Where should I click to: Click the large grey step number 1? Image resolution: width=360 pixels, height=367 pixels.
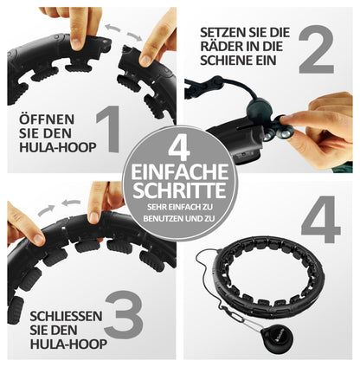(109, 129)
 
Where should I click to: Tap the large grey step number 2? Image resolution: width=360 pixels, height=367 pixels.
(316, 49)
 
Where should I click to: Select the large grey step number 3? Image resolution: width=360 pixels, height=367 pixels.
(124, 314)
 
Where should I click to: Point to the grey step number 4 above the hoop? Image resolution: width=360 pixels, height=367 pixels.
(321, 219)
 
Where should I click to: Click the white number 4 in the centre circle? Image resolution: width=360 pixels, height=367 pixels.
(179, 149)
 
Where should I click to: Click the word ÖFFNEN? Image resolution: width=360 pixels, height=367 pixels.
(47, 119)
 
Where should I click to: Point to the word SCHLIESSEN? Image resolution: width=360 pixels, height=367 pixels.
(66, 316)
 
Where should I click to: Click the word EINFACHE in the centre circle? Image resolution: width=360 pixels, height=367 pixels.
(179, 172)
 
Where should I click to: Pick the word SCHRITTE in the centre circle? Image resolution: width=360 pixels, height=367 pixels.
(179, 190)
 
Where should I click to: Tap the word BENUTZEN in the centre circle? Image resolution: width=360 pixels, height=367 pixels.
(164, 218)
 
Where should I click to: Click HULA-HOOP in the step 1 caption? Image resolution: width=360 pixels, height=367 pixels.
(58, 147)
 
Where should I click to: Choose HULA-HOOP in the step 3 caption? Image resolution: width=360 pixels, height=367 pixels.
(68, 344)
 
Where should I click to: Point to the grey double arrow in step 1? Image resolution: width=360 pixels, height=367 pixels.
(124, 32)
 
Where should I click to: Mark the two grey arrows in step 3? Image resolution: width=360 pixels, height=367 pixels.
(59, 207)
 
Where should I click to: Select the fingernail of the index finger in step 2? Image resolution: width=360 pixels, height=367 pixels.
(282, 119)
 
